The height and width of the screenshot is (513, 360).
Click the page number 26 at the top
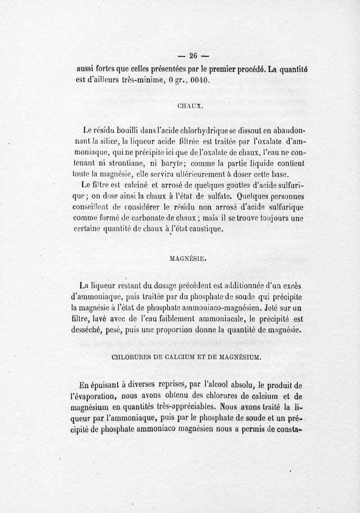point(193,56)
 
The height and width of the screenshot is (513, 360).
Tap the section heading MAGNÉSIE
point(189,259)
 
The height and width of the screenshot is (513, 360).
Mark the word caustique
point(202,229)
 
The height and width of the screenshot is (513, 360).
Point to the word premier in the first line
point(204,69)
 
